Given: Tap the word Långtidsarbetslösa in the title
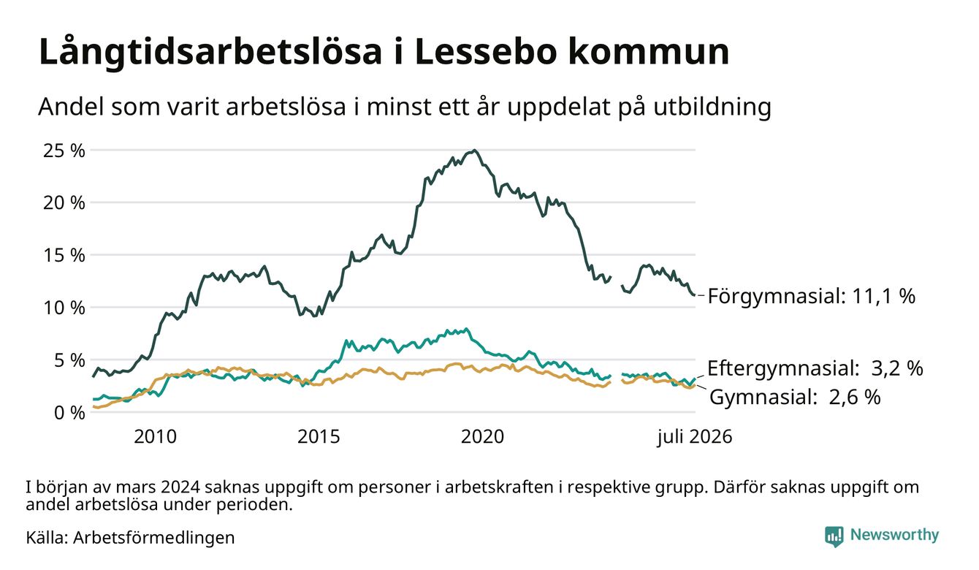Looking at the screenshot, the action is [210, 52].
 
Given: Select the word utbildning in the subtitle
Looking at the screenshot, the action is [712, 107].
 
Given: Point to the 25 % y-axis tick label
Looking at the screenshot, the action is [64, 151].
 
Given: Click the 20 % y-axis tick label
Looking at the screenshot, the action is [64, 203].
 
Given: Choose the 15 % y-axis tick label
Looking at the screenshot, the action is [64, 255].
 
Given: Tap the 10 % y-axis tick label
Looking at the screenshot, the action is [64, 308].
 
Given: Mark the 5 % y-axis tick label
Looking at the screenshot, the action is [69, 360].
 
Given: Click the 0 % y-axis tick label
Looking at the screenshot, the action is [69, 413].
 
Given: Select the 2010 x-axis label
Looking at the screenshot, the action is [155, 437].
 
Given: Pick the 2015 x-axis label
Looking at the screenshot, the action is [319, 437].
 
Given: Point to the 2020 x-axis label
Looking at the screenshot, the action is [482, 437].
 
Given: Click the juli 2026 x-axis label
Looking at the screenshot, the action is [695, 437].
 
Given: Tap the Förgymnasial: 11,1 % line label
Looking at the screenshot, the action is [811, 297].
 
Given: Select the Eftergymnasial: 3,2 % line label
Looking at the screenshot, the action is [815, 368].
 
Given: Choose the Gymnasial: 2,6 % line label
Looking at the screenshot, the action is [795, 397].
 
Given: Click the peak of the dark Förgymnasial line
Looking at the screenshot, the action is [475, 151].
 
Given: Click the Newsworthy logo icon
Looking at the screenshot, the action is [834, 536].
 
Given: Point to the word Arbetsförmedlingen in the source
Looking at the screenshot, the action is [154, 538].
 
